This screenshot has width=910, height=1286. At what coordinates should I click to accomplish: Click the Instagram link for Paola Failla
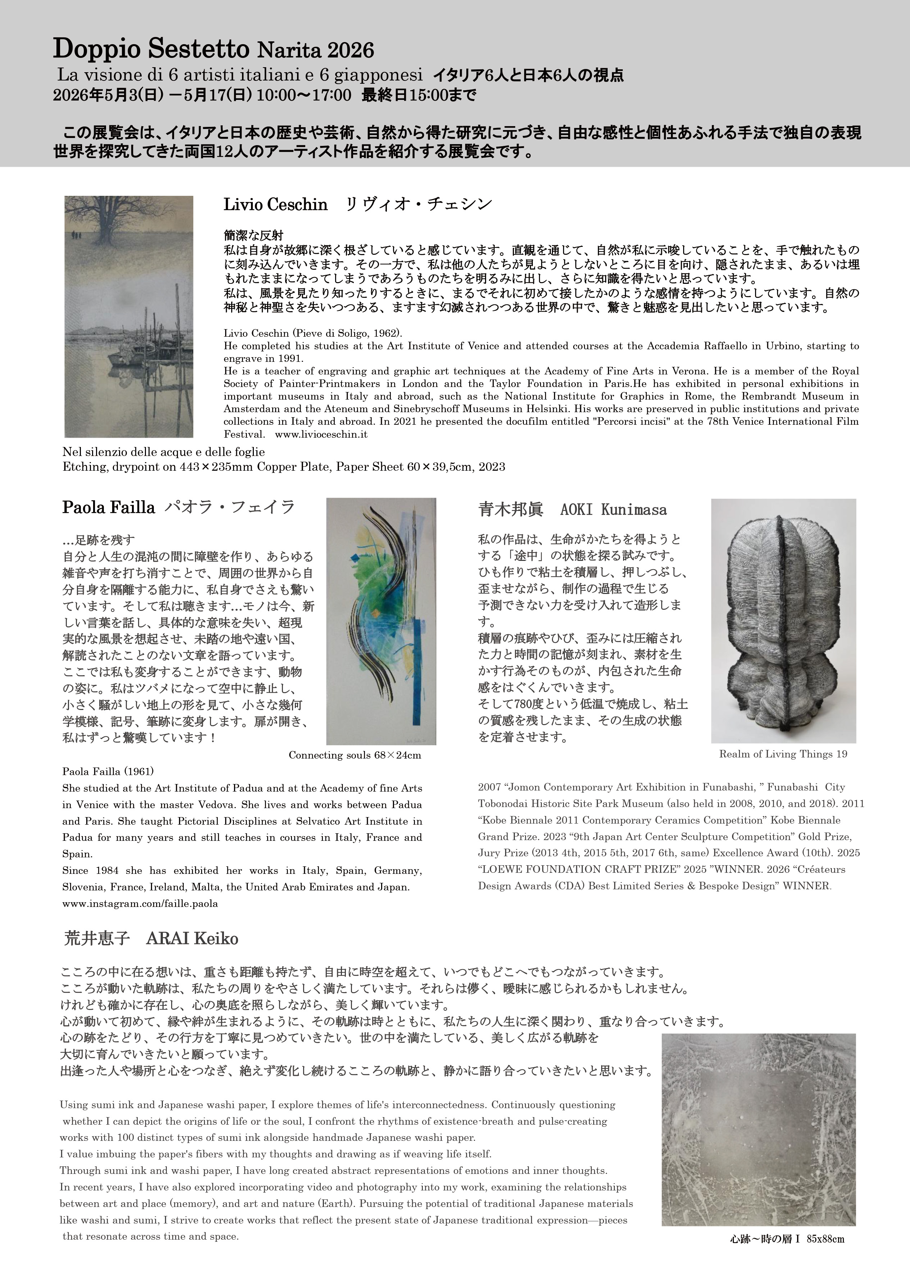point(140,903)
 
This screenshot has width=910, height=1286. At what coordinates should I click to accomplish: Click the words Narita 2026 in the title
point(315,51)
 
